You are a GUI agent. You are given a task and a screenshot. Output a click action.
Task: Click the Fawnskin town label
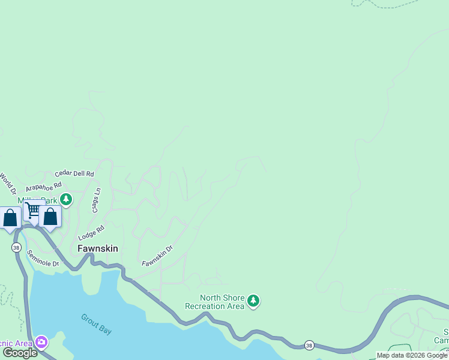point(97,248)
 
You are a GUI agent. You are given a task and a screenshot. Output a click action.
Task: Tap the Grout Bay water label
point(97,324)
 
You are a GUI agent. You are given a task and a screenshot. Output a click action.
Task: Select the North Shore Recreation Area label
point(222,302)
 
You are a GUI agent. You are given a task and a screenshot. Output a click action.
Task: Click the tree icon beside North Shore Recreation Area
point(254,301)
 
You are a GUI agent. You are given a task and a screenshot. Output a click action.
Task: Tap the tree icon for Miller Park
point(66,199)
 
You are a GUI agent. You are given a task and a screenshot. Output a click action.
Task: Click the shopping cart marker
point(32,211)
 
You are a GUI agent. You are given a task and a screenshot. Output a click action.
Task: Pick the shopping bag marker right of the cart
point(50,217)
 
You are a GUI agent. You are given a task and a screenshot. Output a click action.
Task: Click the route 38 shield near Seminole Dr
point(16,247)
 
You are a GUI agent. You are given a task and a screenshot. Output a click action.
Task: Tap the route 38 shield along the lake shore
point(309,345)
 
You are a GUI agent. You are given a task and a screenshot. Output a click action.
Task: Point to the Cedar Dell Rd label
point(74,173)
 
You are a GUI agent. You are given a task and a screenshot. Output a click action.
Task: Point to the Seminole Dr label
point(43,259)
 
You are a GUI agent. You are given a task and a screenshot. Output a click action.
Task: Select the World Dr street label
point(7,182)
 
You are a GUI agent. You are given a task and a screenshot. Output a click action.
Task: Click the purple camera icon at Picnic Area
point(41,343)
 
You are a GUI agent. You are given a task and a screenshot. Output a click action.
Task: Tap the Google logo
point(20,353)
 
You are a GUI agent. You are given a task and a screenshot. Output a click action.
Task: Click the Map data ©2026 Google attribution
point(412,355)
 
